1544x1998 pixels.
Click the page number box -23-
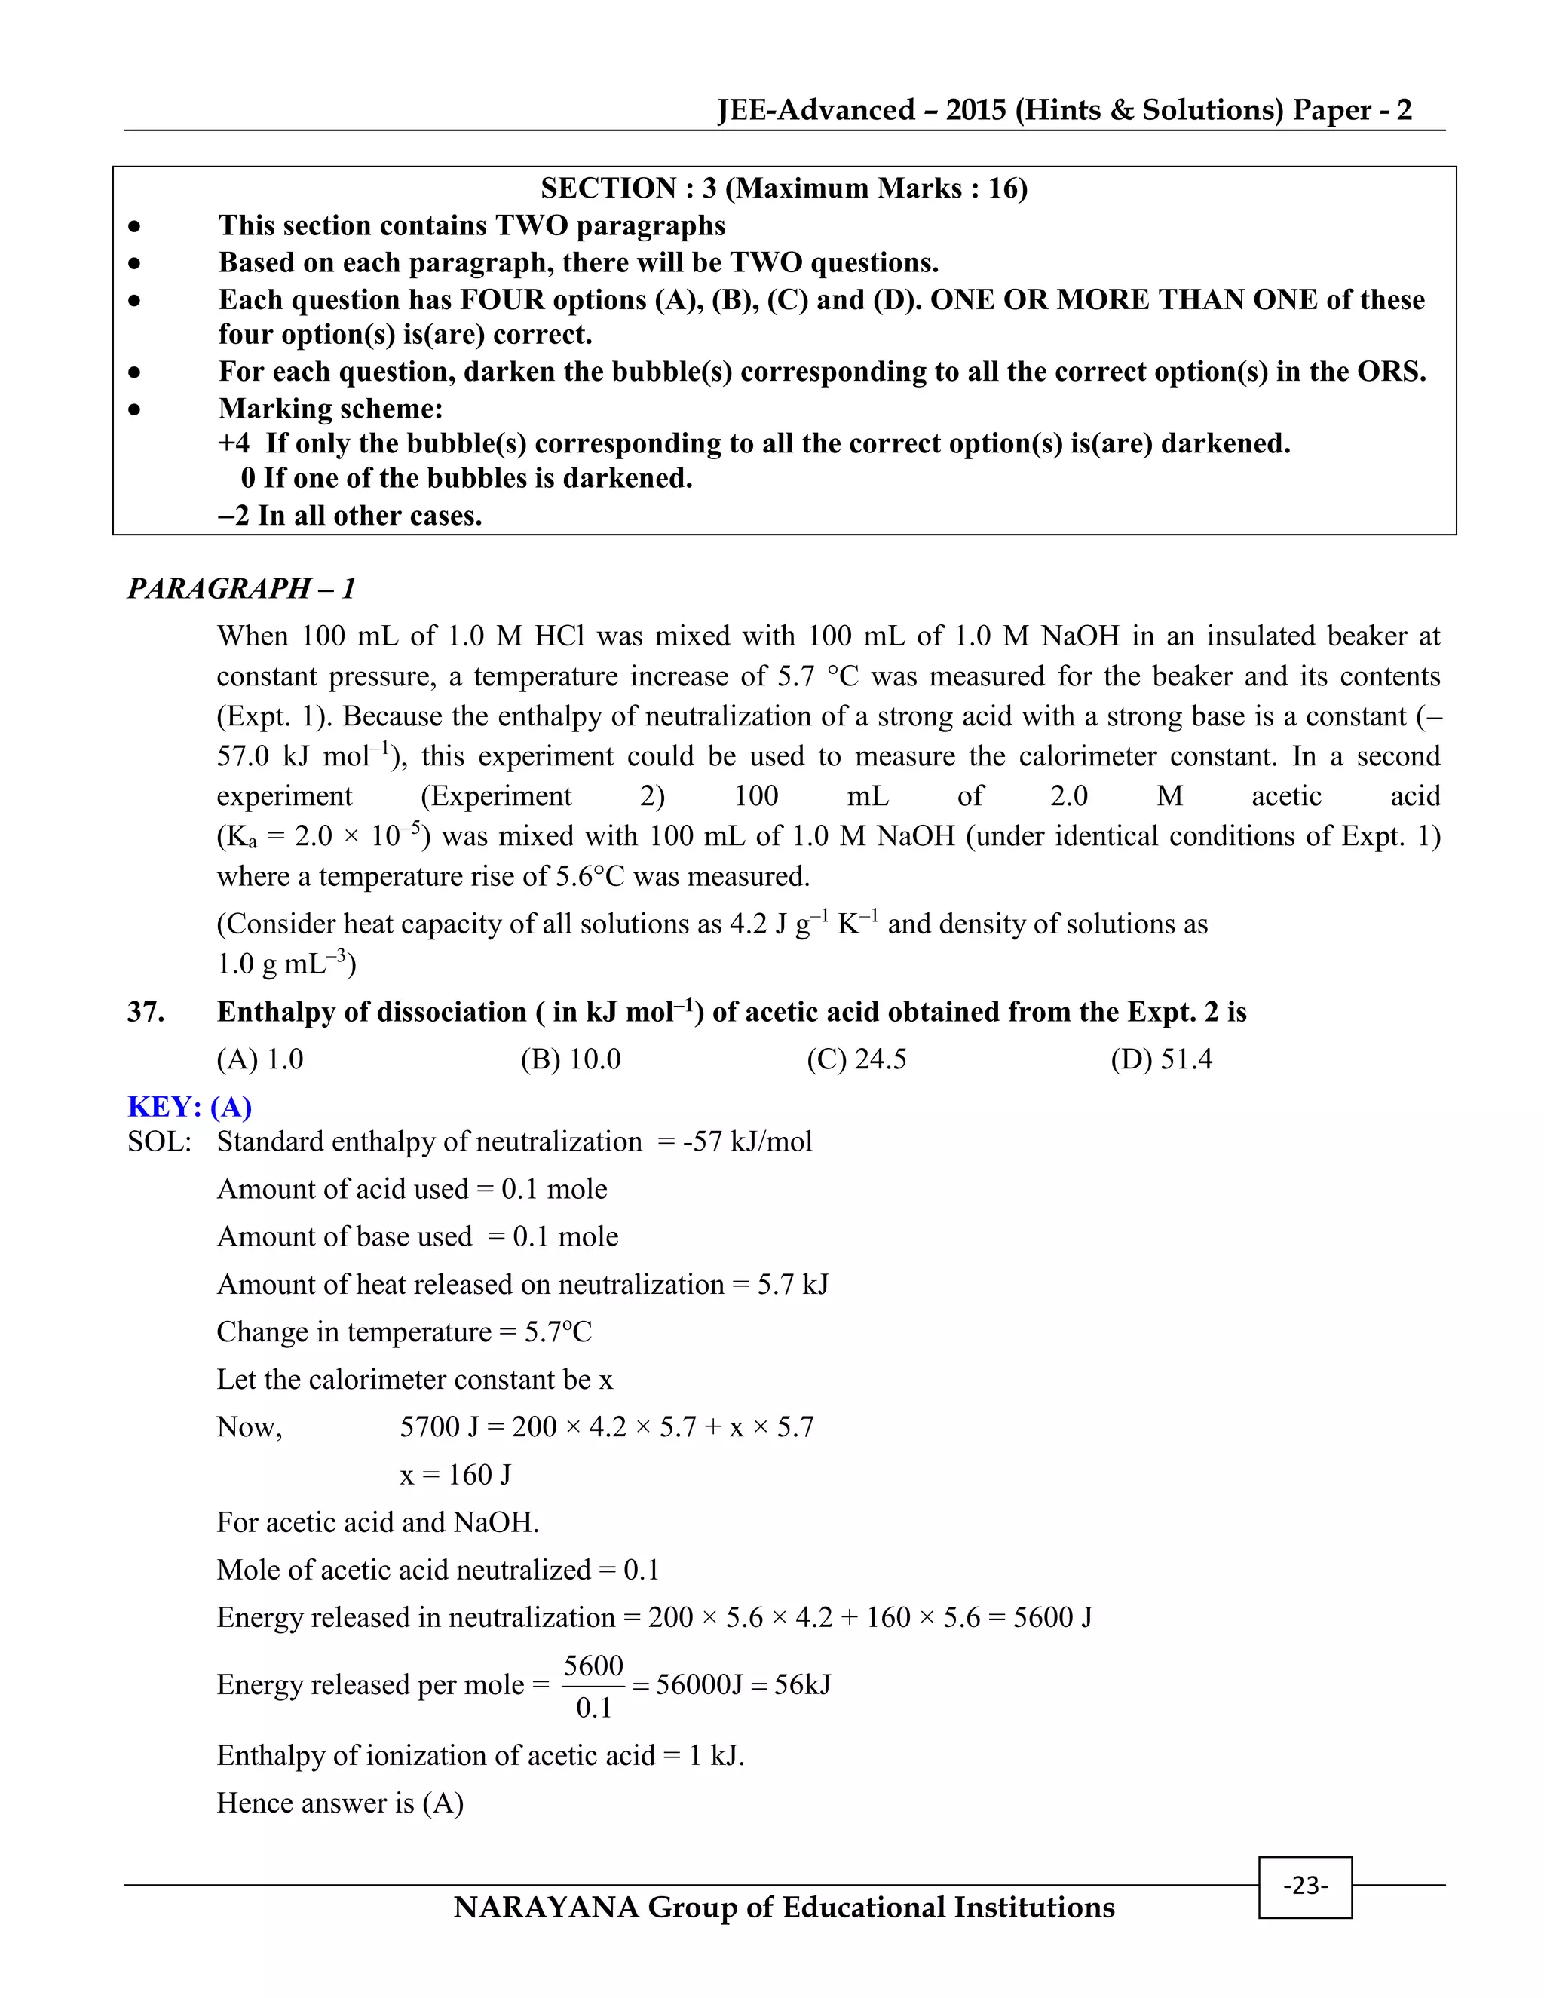tap(1304, 1886)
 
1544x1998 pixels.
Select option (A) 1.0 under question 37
tap(260, 1059)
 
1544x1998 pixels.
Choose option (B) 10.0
tap(571, 1059)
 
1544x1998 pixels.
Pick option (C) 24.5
tap(856, 1059)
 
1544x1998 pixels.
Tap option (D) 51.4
tap(1161, 1059)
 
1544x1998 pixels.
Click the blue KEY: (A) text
tap(189, 1106)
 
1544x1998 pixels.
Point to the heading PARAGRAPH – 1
tap(241, 588)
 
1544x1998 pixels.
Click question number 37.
tap(146, 1012)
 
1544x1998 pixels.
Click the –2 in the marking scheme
tap(233, 516)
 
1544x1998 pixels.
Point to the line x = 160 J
tap(455, 1474)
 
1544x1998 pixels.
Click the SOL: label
tap(159, 1141)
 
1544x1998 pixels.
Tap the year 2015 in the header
tap(976, 110)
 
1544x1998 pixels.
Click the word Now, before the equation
tap(249, 1426)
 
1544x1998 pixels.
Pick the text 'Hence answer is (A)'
tap(339, 1802)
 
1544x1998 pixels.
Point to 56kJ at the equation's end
tap(802, 1684)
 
